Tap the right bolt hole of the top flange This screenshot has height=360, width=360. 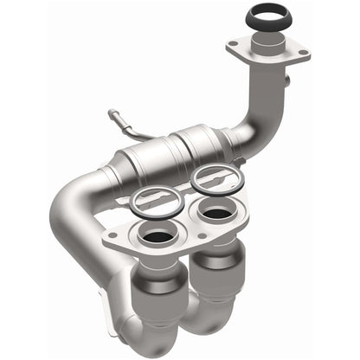[302, 54]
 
